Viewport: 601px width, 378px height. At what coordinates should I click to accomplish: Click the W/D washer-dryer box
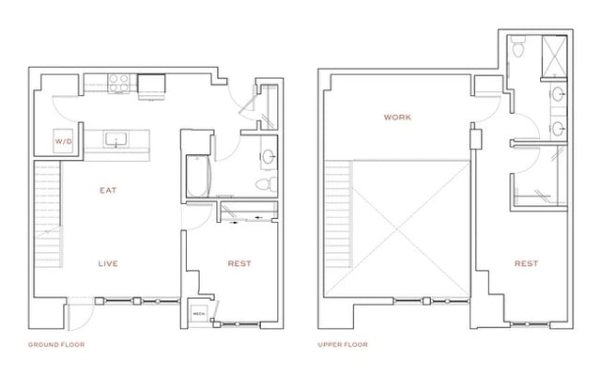pos(63,142)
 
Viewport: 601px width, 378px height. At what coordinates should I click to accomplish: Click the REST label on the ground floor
pos(239,264)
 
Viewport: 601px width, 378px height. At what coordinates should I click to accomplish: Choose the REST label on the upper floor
pos(526,264)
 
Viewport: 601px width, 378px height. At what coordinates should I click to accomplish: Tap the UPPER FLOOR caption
pos(346,345)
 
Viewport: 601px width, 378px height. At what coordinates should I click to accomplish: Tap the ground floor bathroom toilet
pos(265,181)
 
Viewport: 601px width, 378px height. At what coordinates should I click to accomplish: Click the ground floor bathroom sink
pos(268,155)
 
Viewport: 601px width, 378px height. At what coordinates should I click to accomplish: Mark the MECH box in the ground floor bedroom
pos(200,314)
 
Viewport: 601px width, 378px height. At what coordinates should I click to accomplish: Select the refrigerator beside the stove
pos(150,85)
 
